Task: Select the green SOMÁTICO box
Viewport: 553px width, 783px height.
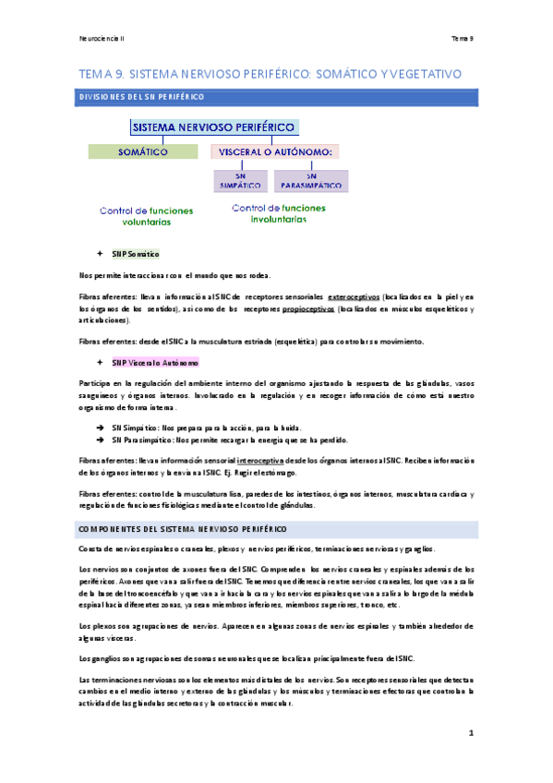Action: pos(144,151)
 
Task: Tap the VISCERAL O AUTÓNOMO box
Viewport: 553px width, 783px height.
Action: pos(275,151)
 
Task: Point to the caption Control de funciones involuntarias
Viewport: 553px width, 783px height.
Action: pos(281,213)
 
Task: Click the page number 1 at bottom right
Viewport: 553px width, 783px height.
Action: pos(470,734)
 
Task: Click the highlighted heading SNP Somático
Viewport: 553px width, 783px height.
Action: pos(136,253)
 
